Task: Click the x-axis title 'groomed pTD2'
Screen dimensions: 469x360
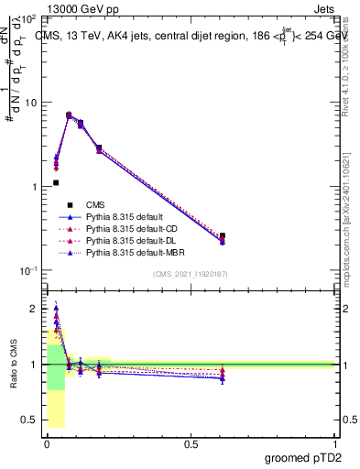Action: (301, 459)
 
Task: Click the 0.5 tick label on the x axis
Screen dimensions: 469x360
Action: (191, 444)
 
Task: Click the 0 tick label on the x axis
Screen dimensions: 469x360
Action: (47, 444)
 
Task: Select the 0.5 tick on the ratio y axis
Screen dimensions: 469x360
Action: (30, 420)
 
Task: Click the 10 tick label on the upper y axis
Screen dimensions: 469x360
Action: (31, 103)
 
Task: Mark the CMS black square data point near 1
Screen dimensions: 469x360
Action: (56, 182)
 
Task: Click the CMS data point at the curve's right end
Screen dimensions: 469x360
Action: (223, 235)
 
